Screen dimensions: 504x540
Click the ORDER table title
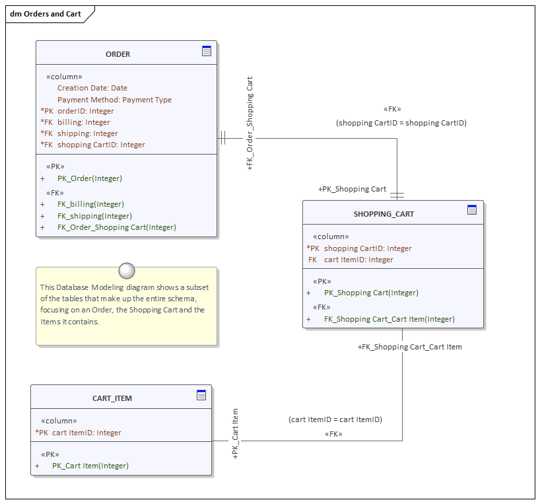pyautogui.click(x=118, y=54)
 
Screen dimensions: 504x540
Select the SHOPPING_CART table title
pyautogui.click(x=384, y=214)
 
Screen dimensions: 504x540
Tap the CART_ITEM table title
pyautogui.click(x=112, y=398)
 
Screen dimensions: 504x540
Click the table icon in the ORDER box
pyautogui.click(x=207, y=51)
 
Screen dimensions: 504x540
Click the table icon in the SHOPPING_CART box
pyautogui.click(x=472, y=210)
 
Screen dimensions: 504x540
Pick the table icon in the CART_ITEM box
pyautogui.click(x=201, y=395)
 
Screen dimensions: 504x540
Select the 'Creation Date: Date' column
pyautogui.click(x=92, y=88)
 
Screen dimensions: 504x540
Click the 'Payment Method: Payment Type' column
pyautogui.click(x=114, y=100)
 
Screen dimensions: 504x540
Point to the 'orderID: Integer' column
pyautogui.click(x=85, y=111)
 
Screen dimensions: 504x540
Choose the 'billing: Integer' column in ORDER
pyautogui.click(x=83, y=122)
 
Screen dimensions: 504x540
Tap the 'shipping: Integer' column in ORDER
pyautogui.click(x=87, y=133)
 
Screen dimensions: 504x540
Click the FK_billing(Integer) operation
pyautogui.click(x=90, y=204)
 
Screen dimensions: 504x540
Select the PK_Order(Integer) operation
pyautogui.click(x=89, y=178)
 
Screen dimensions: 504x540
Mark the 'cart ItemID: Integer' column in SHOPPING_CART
pyautogui.click(x=358, y=260)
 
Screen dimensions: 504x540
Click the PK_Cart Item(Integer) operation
pyautogui.click(x=90, y=466)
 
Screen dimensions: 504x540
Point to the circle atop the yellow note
pyautogui.click(x=126, y=270)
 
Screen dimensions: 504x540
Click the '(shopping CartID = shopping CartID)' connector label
pyautogui.click(x=401, y=123)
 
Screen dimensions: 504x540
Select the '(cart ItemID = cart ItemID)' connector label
pyautogui.click(x=335, y=419)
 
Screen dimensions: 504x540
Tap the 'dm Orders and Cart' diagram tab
pyautogui.click(x=46, y=14)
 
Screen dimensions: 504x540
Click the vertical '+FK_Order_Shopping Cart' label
pyautogui.click(x=250, y=124)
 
